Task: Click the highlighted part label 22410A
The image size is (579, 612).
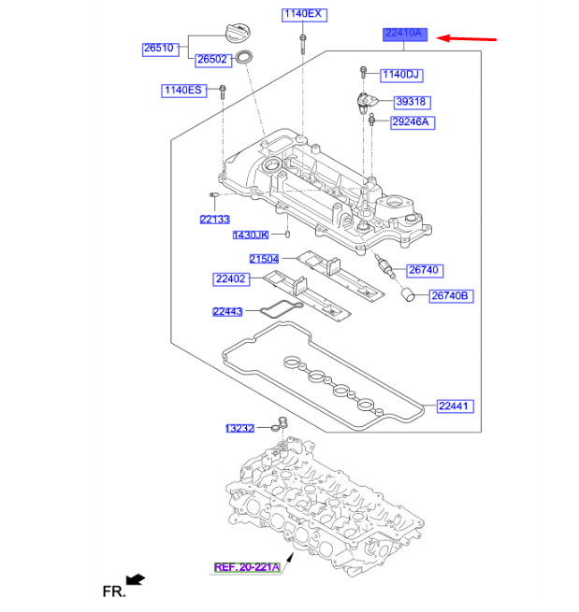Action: [404, 35]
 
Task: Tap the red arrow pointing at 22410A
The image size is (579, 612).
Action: [468, 38]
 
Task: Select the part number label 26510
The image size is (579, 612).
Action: [161, 48]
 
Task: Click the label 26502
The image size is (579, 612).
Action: [212, 60]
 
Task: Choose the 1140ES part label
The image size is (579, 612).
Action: [181, 90]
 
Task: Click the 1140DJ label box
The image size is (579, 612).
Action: [401, 73]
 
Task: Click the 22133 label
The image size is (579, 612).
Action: [213, 220]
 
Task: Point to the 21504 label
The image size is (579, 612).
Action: [265, 259]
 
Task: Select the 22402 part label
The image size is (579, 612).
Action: [229, 278]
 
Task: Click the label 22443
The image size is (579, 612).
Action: [227, 312]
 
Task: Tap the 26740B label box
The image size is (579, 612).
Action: [452, 296]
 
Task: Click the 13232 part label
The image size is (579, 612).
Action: [239, 428]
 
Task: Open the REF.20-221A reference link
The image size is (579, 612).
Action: [246, 566]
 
